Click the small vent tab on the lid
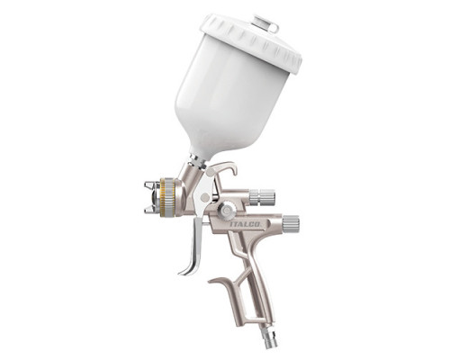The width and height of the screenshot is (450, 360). click(x=265, y=22)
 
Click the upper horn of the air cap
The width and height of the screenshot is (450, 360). click(x=150, y=184)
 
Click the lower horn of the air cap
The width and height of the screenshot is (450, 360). click(x=150, y=209)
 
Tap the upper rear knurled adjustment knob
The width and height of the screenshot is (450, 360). click(x=262, y=197)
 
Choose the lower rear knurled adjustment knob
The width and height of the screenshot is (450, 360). click(x=291, y=223)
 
